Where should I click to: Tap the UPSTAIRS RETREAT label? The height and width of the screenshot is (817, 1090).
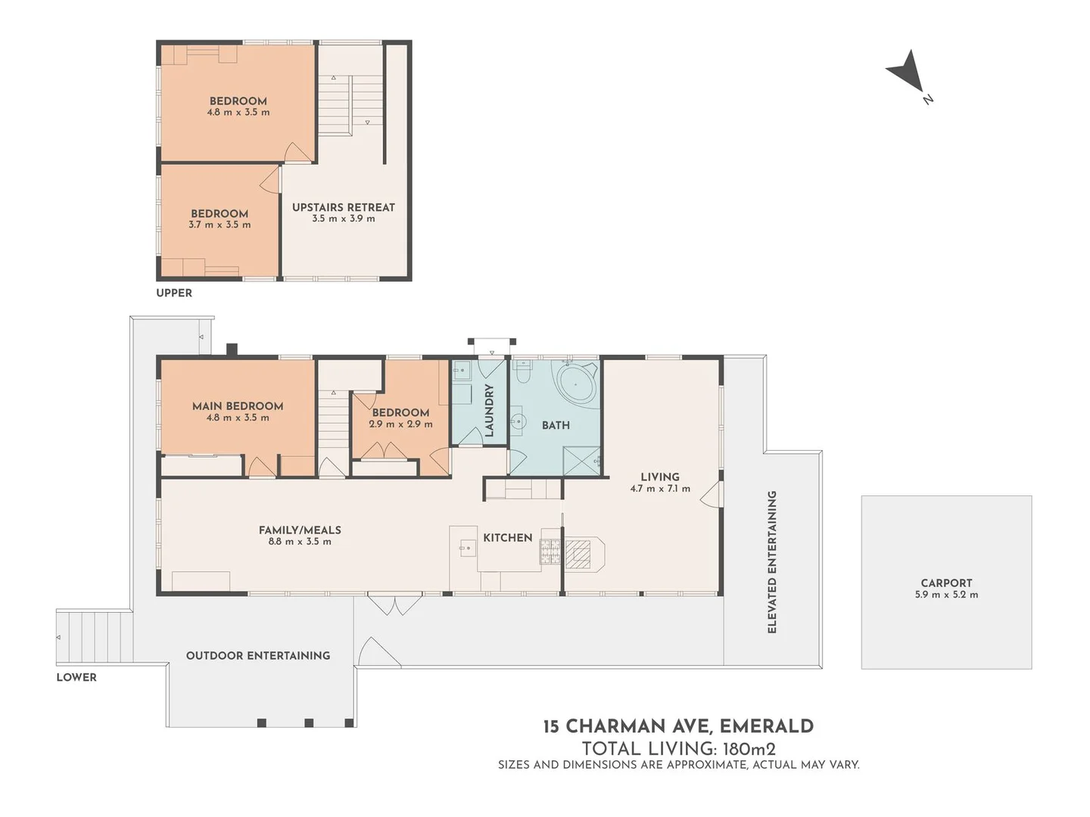(x=343, y=207)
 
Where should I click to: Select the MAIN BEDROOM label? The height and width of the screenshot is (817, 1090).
(x=238, y=406)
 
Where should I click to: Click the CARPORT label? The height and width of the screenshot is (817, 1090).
(x=946, y=583)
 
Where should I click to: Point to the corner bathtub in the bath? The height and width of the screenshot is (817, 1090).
(x=577, y=384)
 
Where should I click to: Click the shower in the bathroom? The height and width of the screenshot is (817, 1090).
(x=581, y=461)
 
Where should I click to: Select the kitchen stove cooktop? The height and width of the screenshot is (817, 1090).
(x=550, y=552)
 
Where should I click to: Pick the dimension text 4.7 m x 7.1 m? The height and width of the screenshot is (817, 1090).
(x=660, y=489)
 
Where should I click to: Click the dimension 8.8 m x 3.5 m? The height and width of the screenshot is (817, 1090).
(x=300, y=542)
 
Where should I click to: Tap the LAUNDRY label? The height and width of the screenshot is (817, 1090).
(x=489, y=410)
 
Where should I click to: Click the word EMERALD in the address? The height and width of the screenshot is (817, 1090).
(x=766, y=726)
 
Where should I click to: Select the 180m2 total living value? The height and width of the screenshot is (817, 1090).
(x=749, y=749)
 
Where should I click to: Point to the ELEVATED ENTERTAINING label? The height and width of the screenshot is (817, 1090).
(x=772, y=562)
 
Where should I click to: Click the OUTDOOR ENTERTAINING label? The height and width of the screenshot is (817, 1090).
(x=258, y=656)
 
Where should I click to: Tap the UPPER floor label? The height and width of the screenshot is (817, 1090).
(x=174, y=293)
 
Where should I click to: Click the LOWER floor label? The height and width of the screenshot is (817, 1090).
(x=76, y=677)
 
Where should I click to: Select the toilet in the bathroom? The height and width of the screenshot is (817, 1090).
(x=522, y=373)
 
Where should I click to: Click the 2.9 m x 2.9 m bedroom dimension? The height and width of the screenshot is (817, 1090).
(x=400, y=424)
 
